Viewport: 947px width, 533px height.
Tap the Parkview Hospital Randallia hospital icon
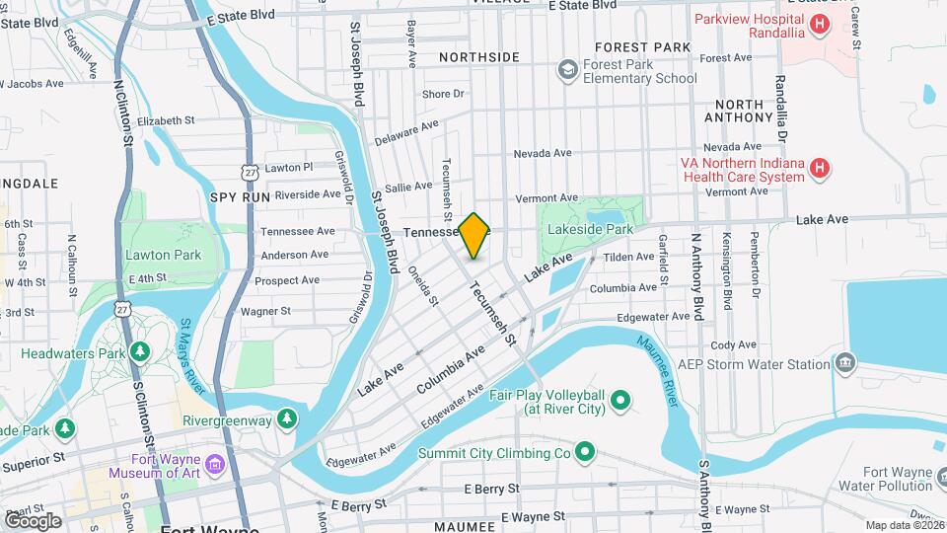[x=818, y=25]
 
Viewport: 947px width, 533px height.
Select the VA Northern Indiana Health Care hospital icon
[x=818, y=169]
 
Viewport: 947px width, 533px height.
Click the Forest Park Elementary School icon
[x=567, y=69]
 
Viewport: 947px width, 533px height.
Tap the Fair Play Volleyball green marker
[x=620, y=400]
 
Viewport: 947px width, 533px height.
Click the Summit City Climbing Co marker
[x=585, y=453]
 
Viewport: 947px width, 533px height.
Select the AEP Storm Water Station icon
[x=844, y=364]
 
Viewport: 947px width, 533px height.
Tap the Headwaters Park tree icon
[x=141, y=351]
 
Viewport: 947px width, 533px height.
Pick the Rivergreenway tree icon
[x=287, y=419]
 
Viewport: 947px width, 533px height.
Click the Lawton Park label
[x=164, y=255]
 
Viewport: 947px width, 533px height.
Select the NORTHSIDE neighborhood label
[x=479, y=56]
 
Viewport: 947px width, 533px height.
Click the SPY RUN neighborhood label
[x=240, y=197]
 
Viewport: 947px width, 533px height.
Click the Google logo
[x=33, y=520]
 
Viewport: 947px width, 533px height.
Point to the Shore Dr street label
[x=443, y=94]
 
